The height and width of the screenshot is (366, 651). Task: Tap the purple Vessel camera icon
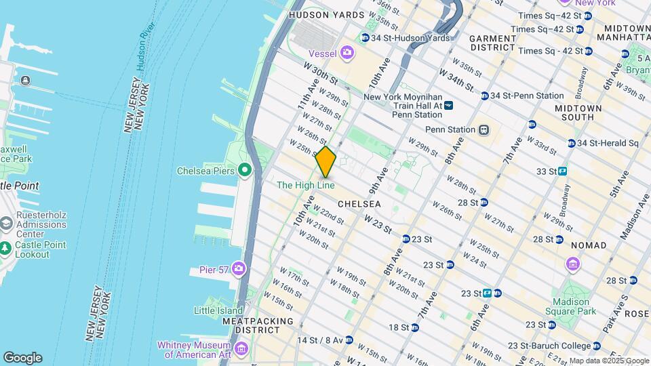347,52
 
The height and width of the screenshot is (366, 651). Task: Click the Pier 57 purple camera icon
238,269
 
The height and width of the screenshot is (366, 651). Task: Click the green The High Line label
305,185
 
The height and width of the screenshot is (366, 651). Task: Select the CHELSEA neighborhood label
359,203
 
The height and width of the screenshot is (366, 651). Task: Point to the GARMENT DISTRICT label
493,43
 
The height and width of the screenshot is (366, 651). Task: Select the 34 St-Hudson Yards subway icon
366,38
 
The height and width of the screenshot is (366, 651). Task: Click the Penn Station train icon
484,129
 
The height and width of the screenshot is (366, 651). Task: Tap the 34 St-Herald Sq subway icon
570,143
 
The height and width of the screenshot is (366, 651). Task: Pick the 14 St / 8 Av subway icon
349,340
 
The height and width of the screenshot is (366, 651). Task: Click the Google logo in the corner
22,358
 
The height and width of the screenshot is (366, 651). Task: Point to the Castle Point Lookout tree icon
6,249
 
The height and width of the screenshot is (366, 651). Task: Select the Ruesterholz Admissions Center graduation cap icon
6,223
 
